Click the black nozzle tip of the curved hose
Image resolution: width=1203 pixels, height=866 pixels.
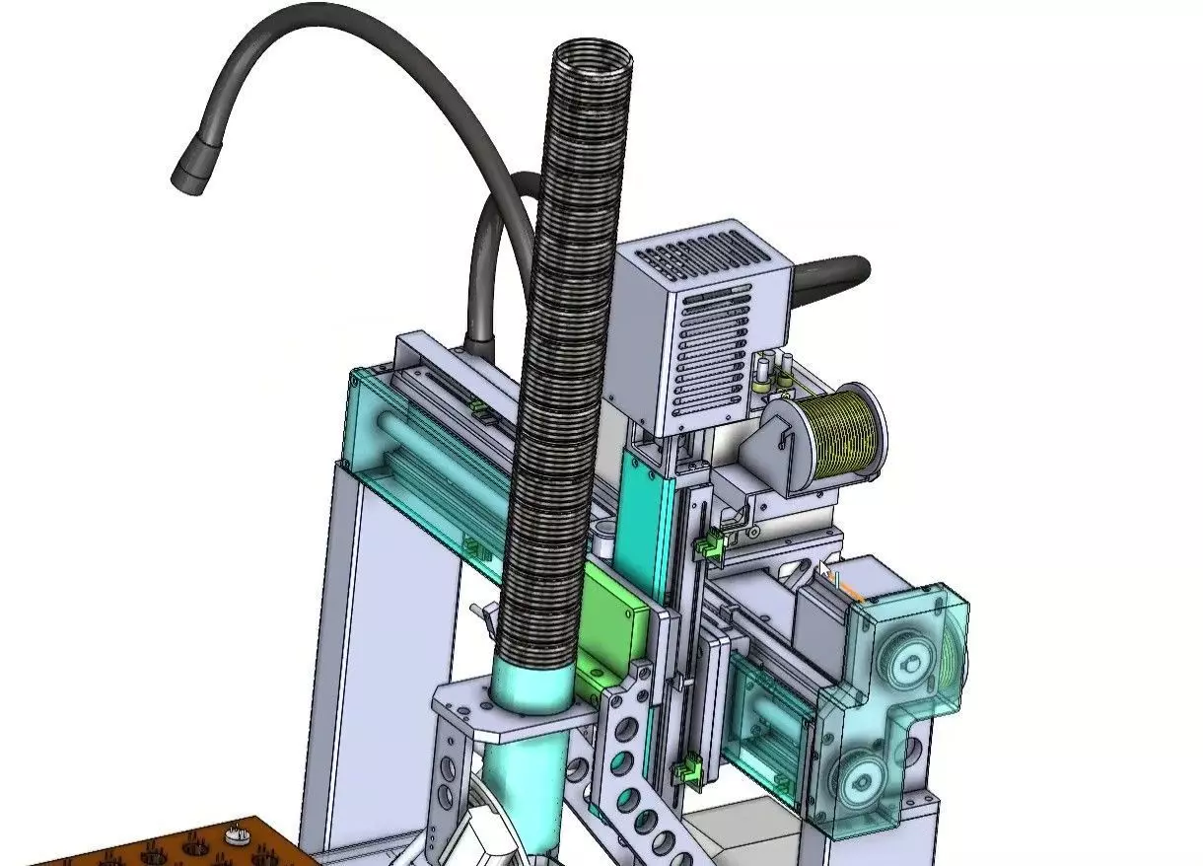[190, 169]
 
